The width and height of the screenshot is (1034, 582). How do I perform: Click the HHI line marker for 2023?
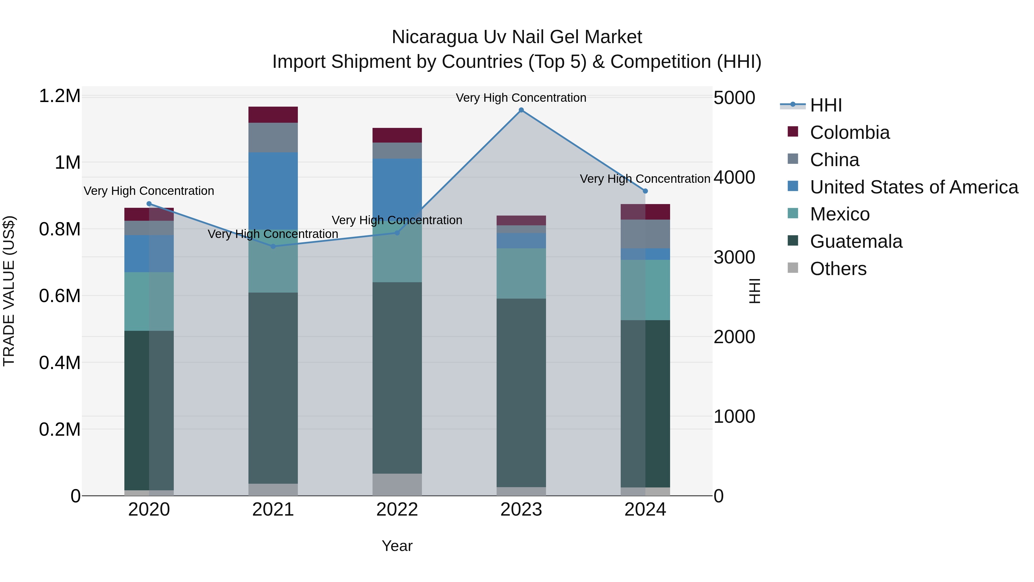(521, 110)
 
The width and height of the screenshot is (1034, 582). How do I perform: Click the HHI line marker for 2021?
(273, 246)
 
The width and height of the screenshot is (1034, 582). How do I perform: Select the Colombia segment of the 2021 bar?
(273, 114)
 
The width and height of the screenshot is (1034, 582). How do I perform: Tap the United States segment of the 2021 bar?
(273, 191)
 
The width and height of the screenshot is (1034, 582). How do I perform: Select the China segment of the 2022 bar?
(397, 151)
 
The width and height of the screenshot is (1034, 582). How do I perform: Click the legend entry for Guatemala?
(856, 241)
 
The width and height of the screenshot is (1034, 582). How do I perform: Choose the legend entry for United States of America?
(914, 187)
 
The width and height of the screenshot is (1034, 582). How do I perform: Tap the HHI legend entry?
(826, 105)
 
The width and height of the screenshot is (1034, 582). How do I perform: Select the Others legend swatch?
(793, 268)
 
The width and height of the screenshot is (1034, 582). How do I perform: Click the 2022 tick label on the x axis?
(397, 510)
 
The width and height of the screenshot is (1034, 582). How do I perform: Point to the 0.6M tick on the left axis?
(59, 296)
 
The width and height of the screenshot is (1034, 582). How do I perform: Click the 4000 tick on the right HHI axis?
(734, 178)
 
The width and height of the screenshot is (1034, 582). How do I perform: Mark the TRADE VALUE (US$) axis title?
(9, 291)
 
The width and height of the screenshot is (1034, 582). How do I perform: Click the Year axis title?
(397, 546)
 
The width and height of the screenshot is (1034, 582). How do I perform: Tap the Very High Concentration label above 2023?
(521, 98)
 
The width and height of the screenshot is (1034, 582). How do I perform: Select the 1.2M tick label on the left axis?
(59, 96)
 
